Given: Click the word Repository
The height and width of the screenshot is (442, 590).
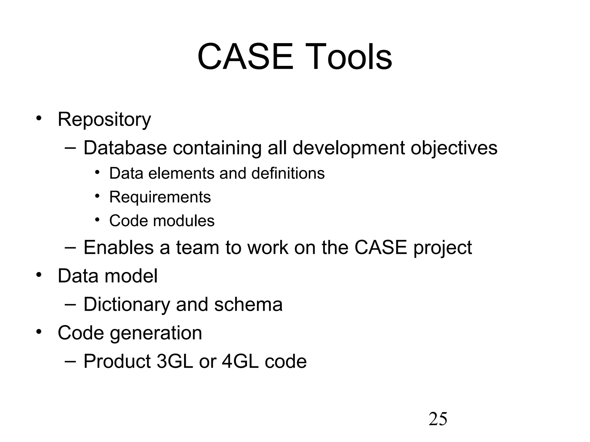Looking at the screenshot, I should (x=104, y=120).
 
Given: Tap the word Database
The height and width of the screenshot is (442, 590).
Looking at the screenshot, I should (x=125, y=148).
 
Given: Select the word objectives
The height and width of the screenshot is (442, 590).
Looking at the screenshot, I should (x=454, y=148).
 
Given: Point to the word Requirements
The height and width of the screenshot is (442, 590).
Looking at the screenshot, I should (x=160, y=197).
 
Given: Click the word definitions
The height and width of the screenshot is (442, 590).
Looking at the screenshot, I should (x=288, y=174).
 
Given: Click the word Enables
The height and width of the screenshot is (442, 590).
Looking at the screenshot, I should (x=118, y=247).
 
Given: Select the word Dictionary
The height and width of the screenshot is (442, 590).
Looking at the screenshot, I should (x=126, y=305).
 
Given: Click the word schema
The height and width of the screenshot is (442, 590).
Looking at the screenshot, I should (x=248, y=304).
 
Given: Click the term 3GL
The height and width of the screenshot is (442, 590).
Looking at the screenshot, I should (x=175, y=361).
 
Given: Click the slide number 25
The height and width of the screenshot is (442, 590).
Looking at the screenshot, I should (x=438, y=419).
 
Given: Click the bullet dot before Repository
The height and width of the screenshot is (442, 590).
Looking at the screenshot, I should (x=39, y=118).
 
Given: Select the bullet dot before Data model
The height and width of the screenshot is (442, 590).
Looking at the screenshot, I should (x=39, y=275).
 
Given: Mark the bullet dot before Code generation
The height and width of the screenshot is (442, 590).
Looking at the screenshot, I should (x=39, y=332).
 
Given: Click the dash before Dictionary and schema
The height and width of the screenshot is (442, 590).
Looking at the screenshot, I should (x=70, y=304).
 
